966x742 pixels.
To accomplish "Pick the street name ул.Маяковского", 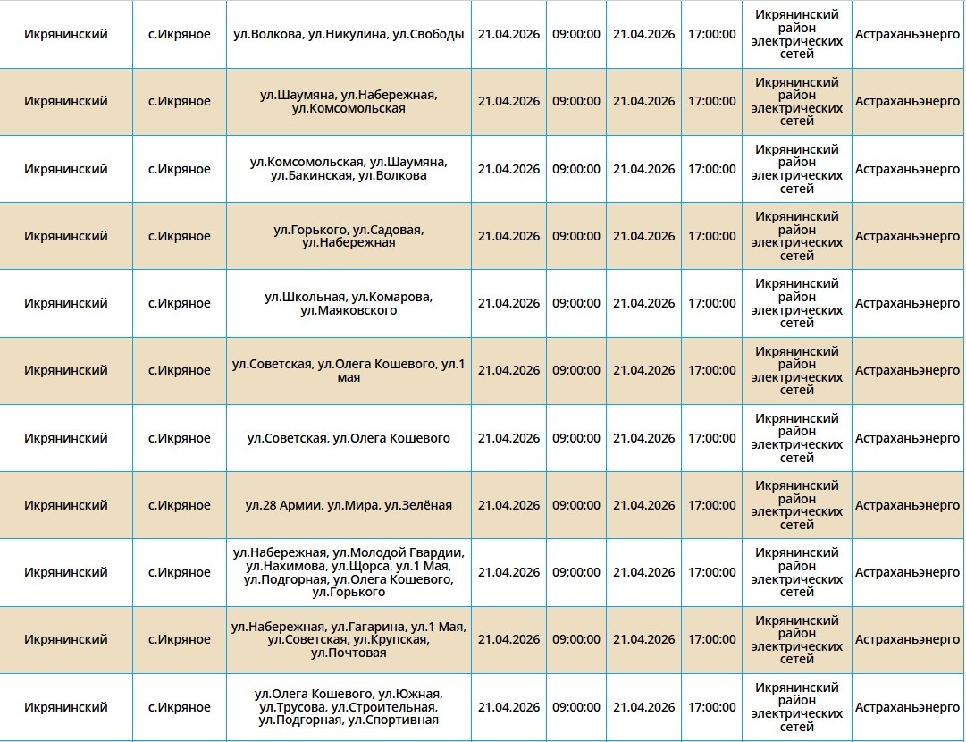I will [x=349, y=310].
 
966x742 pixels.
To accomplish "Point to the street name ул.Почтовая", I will [x=349, y=653].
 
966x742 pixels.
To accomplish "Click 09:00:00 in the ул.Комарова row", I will [x=576, y=303].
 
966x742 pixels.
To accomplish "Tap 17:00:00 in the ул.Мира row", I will [x=712, y=505].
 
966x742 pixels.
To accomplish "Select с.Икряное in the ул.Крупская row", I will [x=180, y=639].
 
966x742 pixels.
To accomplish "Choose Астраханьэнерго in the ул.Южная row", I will [x=907, y=707].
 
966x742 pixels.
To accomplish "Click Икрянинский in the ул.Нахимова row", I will [x=66, y=572].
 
